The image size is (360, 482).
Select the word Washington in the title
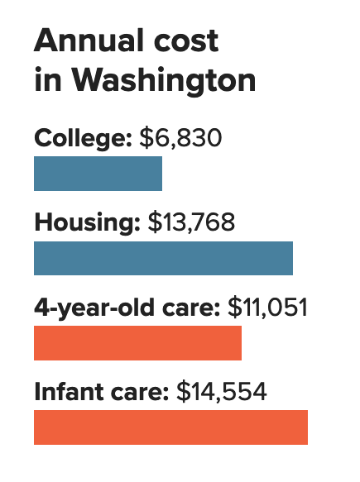tap(164, 81)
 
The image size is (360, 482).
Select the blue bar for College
tap(98, 174)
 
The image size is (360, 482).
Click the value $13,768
tap(192, 222)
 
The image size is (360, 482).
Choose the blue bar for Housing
tap(163, 258)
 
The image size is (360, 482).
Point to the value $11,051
tap(266, 308)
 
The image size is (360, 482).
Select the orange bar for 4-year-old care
tap(137, 343)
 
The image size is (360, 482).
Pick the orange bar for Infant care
tap(170, 427)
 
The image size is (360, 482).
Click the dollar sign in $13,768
tap(153, 222)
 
